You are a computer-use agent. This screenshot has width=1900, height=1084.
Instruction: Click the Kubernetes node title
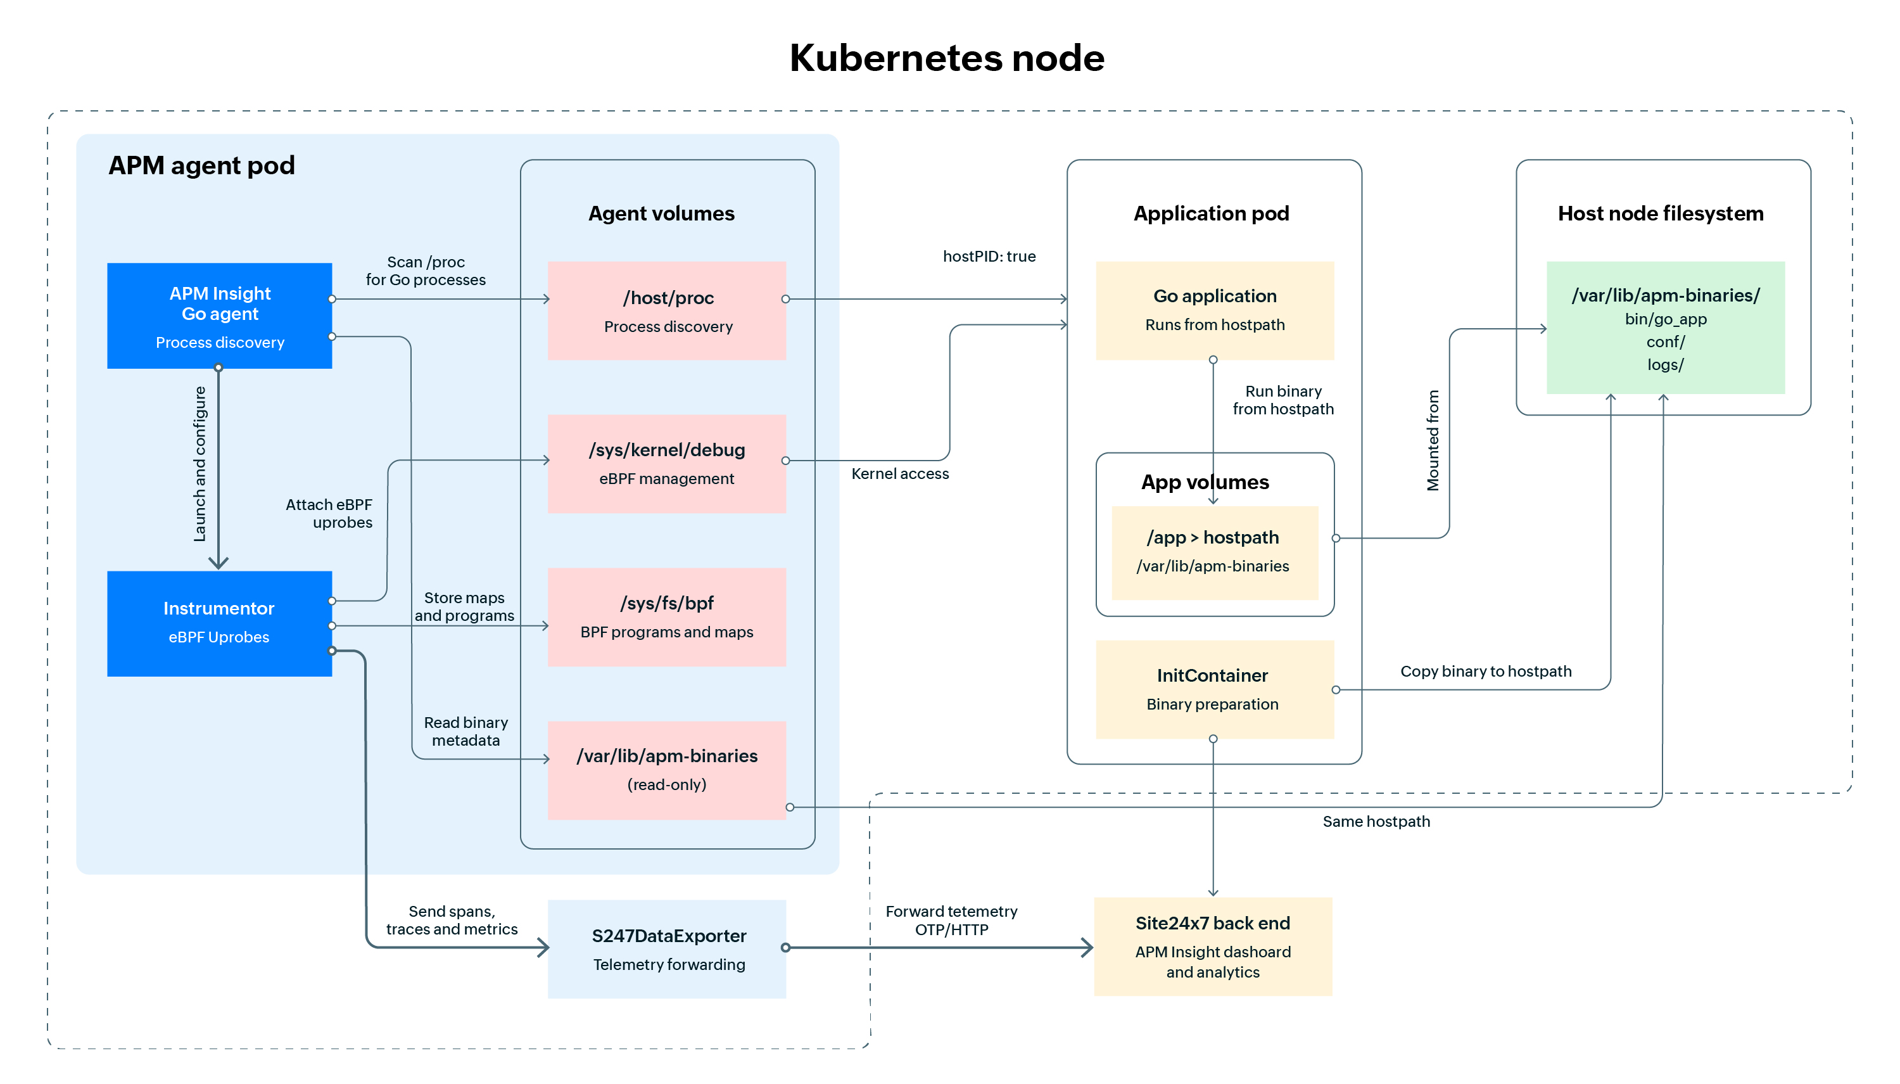click(946, 58)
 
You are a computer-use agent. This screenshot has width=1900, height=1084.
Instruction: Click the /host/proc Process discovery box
click(666, 310)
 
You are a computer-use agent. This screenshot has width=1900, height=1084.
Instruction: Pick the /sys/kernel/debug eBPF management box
click(666, 463)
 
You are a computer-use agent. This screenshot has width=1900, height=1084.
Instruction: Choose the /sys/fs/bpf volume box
click(666, 616)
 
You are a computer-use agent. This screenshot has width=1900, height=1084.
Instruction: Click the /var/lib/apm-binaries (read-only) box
click(666, 769)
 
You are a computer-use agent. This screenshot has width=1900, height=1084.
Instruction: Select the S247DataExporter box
click(667, 948)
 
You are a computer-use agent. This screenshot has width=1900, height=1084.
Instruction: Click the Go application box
click(1214, 310)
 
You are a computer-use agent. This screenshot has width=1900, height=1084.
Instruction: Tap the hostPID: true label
click(989, 256)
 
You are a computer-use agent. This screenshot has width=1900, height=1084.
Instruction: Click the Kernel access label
click(899, 473)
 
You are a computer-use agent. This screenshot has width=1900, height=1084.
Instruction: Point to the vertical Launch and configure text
click(199, 463)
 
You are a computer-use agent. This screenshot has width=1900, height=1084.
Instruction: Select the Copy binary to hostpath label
click(1485, 671)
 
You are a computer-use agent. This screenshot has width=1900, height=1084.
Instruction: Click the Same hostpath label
click(1376, 821)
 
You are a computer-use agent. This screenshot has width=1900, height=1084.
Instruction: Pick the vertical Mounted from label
click(1432, 440)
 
